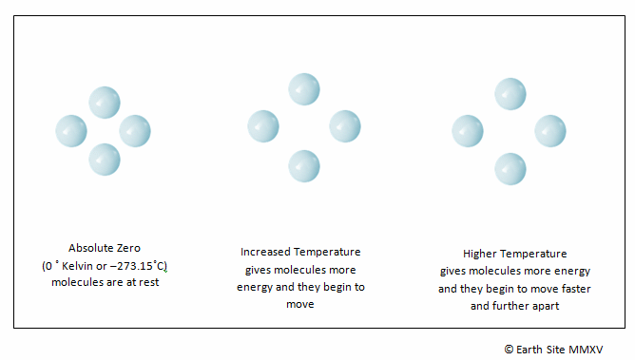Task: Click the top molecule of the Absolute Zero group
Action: point(105,102)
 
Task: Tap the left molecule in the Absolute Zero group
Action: point(71,130)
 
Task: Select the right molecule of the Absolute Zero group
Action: point(135,130)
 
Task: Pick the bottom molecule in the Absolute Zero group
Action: point(105,159)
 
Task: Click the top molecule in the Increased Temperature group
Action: point(304,88)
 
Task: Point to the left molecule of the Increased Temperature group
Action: point(263,126)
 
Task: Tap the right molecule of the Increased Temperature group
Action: point(345,126)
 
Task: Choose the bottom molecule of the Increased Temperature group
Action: point(304,165)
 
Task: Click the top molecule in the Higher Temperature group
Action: point(510,93)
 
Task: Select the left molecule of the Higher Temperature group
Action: point(468,131)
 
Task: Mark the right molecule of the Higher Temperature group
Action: point(550,131)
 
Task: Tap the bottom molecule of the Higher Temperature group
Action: point(510,169)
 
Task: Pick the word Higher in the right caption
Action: point(481,254)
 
